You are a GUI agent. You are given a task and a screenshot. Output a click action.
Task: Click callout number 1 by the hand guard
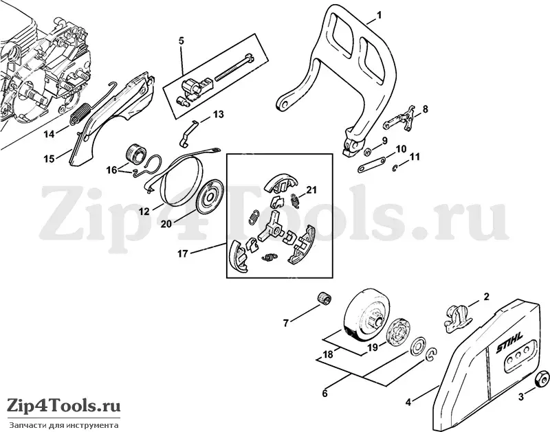(x=379, y=15)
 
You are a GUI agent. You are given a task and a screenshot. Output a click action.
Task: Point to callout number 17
(x=182, y=253)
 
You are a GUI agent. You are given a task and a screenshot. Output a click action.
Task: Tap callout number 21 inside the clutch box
(x=311, y=190)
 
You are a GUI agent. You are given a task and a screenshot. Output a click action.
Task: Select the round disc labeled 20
(x=210, y=196)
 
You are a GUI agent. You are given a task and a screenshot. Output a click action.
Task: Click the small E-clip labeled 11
(x=395, y=168)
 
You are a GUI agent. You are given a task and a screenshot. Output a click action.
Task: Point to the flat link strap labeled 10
(x=371, y=164)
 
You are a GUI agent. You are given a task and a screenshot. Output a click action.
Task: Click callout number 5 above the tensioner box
(x=181, y=41)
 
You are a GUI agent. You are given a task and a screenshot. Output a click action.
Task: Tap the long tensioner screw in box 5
(x=234, y=67)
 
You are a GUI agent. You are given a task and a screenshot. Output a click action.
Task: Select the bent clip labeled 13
(x=188, y=133)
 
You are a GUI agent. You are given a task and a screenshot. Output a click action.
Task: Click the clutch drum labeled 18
(x=362, y=315)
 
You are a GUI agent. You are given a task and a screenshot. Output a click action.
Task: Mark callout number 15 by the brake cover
(x=49, y=159)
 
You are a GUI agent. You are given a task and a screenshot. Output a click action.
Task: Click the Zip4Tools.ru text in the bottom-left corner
(x=63, y=406)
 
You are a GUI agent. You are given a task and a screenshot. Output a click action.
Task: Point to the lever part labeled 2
(x=456, y=317)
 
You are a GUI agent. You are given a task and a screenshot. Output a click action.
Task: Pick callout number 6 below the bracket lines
(x=324, y=394)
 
